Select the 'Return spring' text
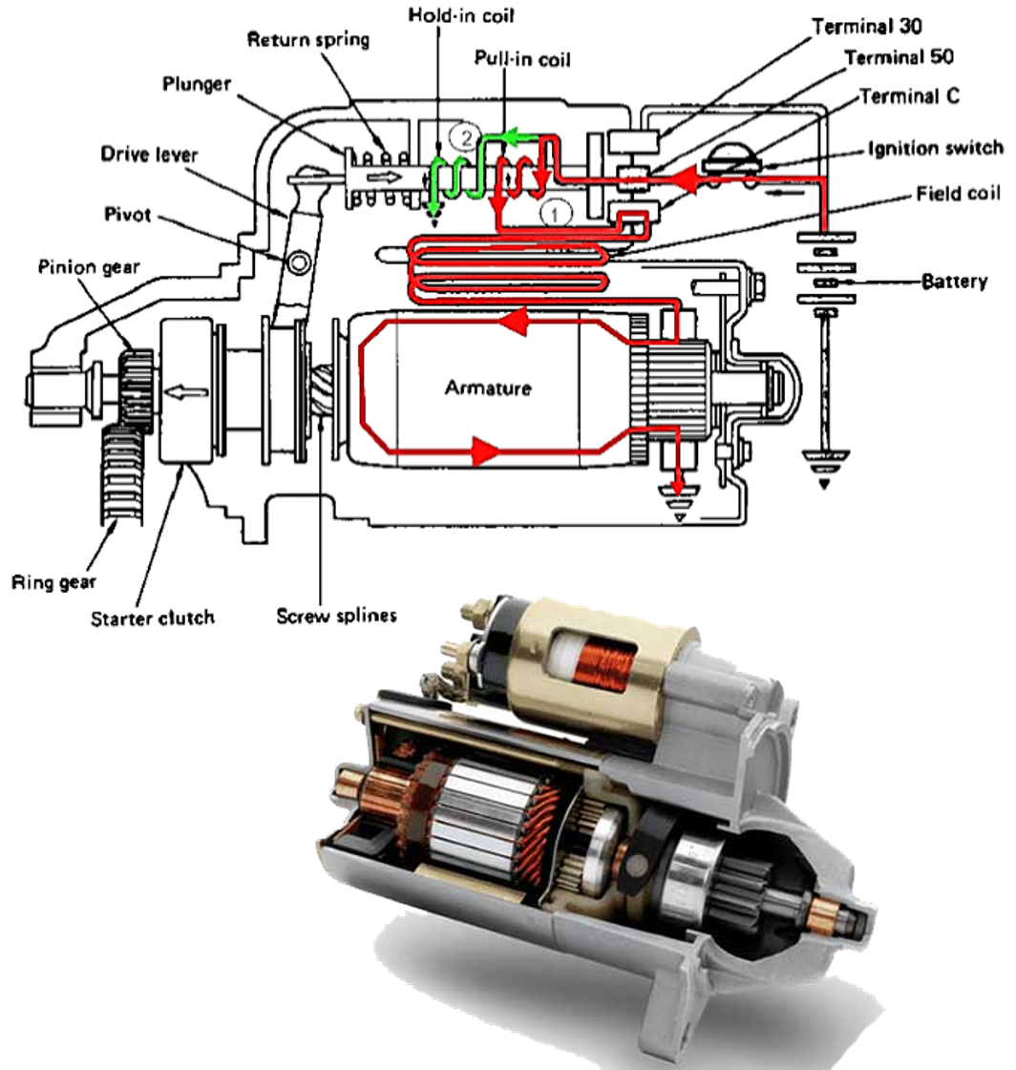[x=307, y=40]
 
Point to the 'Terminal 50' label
[x=899, y=58]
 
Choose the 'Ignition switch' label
[x=935, y=148]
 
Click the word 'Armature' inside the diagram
[x=488, y=388]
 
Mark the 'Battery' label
[x=954, y=283]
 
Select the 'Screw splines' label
[x=336, y=616]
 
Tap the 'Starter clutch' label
[x=153, y=618]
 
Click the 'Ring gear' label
[x=54, y=581]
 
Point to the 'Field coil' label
[x=958, y=193]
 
